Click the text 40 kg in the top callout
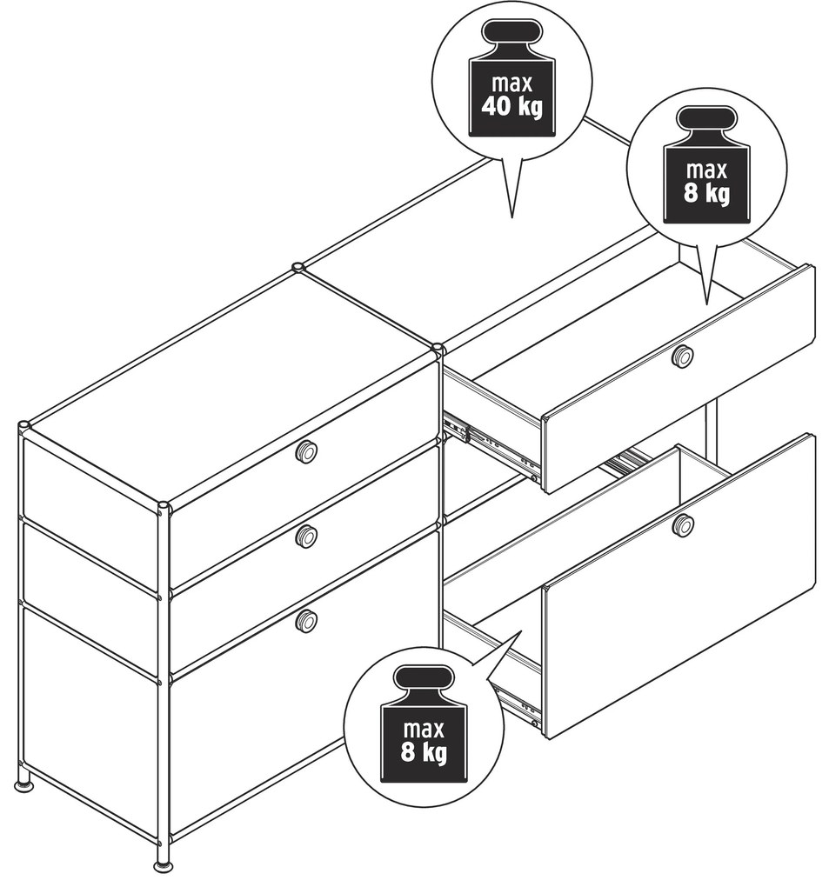coord(512,106)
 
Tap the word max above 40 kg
coord(512,83)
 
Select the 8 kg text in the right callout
coord(706,193)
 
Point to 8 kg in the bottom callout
coord(424,752)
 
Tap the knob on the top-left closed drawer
coord(306,451)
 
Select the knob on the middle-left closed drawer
coord(306,537)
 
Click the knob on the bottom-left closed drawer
coord(306,621)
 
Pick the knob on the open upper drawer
coord(683,357)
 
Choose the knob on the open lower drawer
coord(683,525)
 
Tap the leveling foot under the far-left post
coord(23,785)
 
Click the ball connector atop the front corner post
coord(163,507)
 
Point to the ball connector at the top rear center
coord(298,267)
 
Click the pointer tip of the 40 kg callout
coord(512,217)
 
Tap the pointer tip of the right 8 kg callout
coord(706,304)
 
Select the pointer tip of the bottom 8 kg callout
coord(521,631)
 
